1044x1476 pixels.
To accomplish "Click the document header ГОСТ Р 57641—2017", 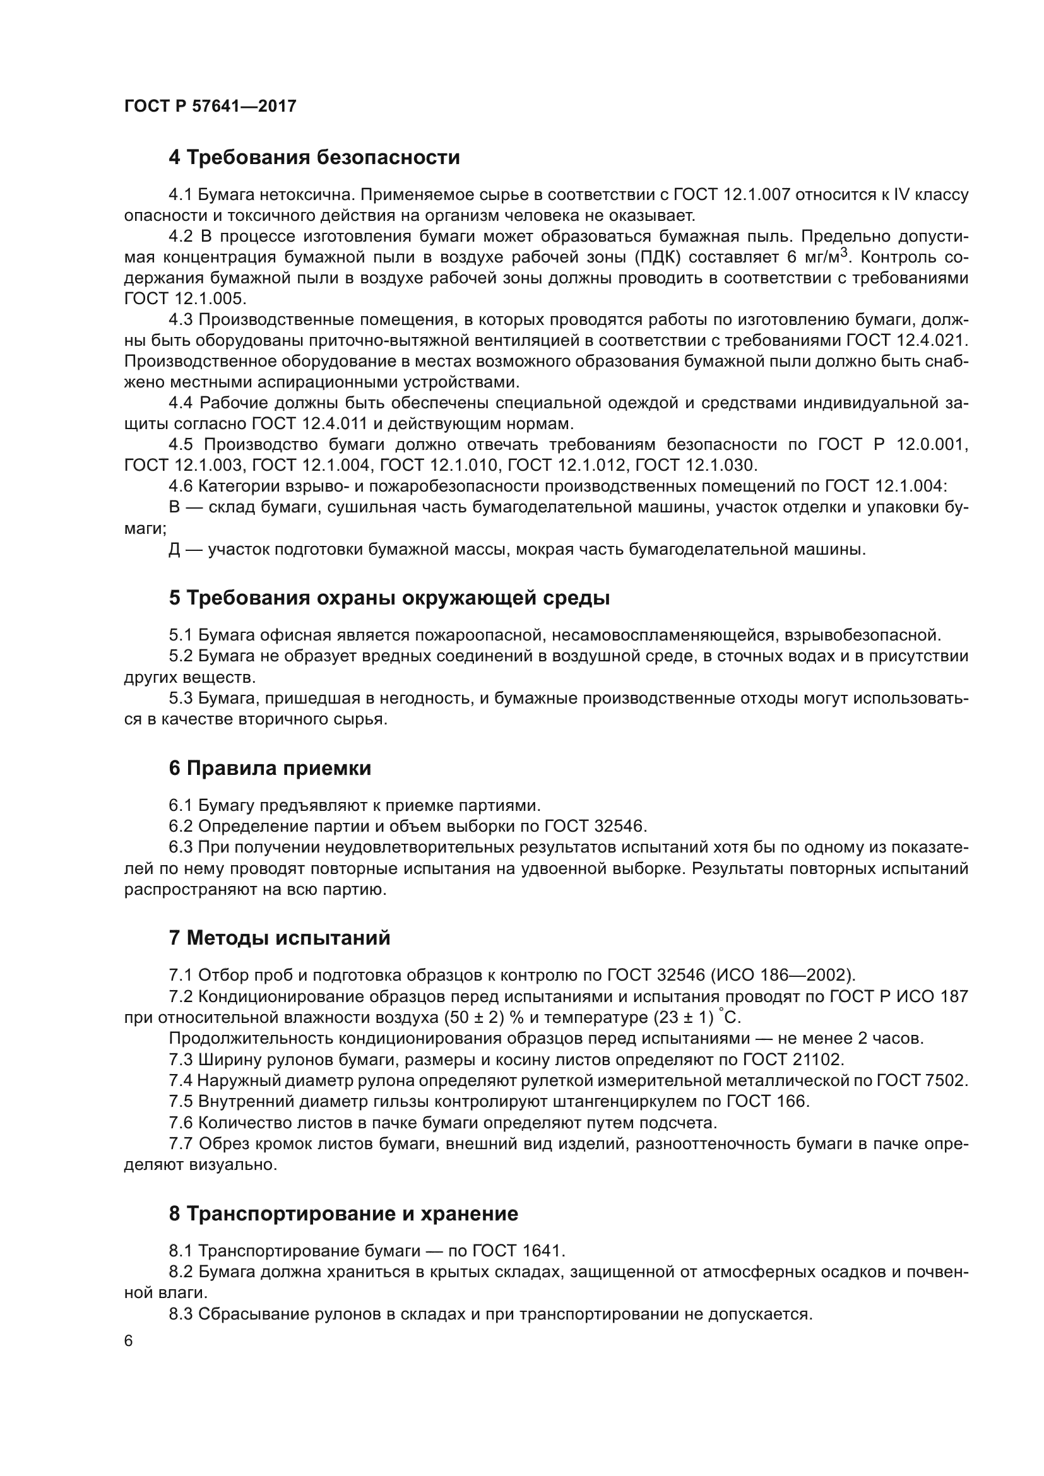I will point(210,106).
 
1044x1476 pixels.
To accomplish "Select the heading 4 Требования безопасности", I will point(314,158).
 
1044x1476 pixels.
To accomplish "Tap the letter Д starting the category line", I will point(174,550).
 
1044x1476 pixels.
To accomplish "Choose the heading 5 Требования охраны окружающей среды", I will point(389,598).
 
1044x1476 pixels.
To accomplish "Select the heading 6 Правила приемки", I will point(270,768).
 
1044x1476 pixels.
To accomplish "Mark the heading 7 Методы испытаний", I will point(280,938).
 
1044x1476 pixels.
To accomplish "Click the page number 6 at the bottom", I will point(129,1341).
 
